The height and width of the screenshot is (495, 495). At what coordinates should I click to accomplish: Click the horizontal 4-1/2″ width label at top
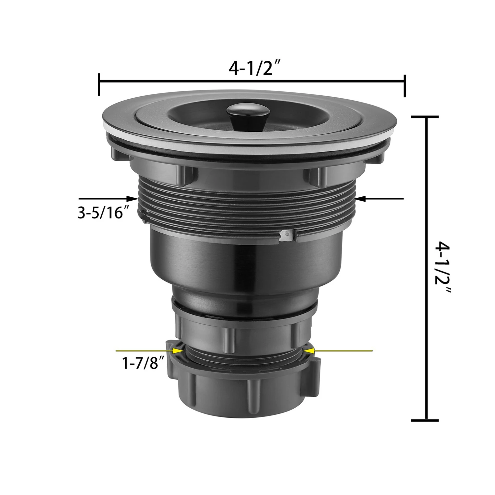click(252, 68)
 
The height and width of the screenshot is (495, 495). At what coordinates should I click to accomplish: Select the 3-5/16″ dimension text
click(103, 213)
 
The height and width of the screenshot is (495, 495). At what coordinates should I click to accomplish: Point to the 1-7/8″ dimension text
click(144, 363)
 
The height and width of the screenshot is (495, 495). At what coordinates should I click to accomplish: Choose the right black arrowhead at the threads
click(361, 199)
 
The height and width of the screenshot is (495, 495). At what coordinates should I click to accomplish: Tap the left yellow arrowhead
click(179, 351)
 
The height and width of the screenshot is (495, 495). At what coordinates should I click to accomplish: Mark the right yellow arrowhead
click(309, 350)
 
